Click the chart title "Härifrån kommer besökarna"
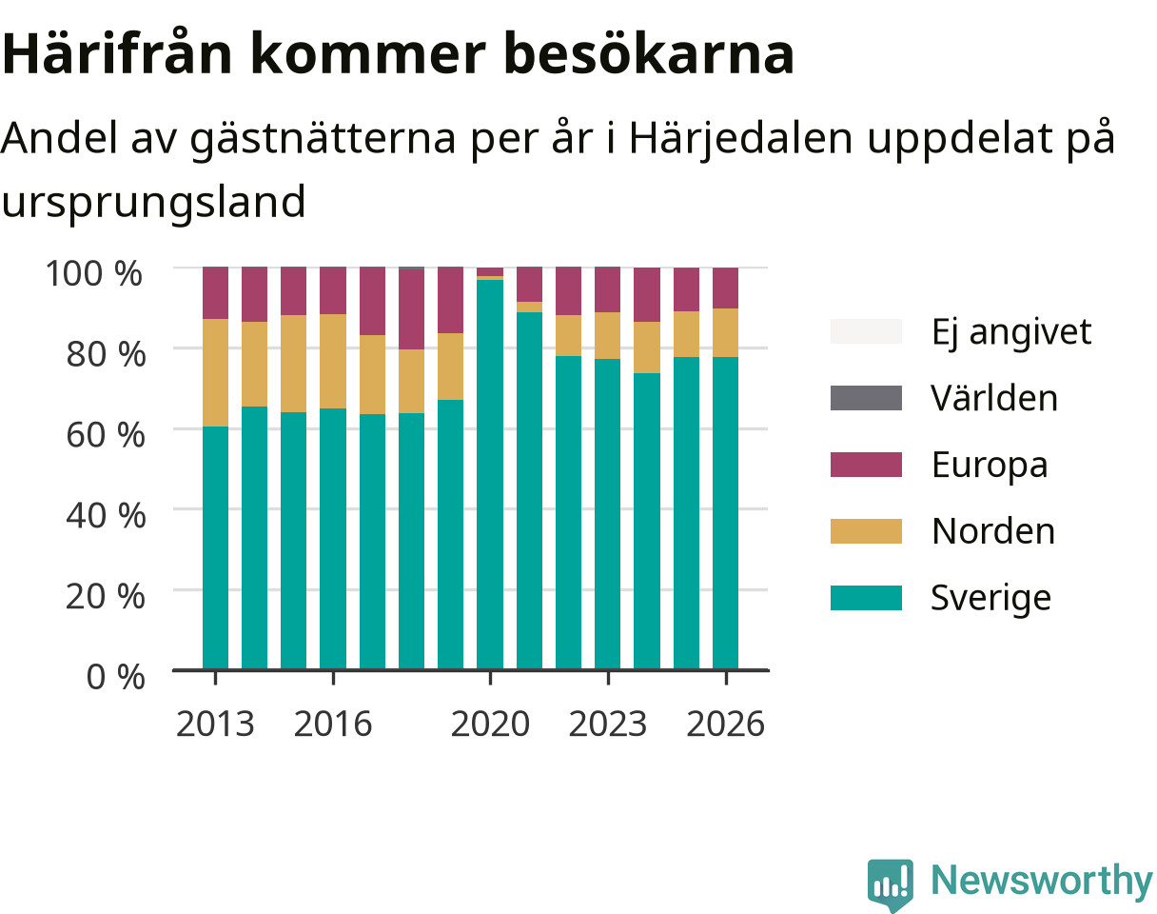click(x=398, y=54)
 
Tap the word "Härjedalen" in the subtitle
click(x=740, y=138)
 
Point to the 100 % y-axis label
click(x=94, y=273)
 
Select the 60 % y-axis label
click(x=106, y=435)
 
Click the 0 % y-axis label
click(x=115, y=676)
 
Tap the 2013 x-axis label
click(x=215, y=724)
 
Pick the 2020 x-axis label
click(x=490, y=724)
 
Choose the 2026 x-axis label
click(x=726, y=724)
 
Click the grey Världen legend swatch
click(x=866, y=398)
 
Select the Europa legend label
click(x=990, y=465)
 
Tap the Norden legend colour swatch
click(x=866, y=531)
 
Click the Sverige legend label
click(x=990, y=598)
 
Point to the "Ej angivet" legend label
click(x=1011, y=332)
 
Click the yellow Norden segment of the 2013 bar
click(x=216, y=373)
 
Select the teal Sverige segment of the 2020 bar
click(x=490, y=474)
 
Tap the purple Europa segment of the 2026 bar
click(x=726, y=288)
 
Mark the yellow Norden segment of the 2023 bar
click(x=608, y=336)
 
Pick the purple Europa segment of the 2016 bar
click(x=333, y=290)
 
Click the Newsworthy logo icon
click(x=891, y=882)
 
